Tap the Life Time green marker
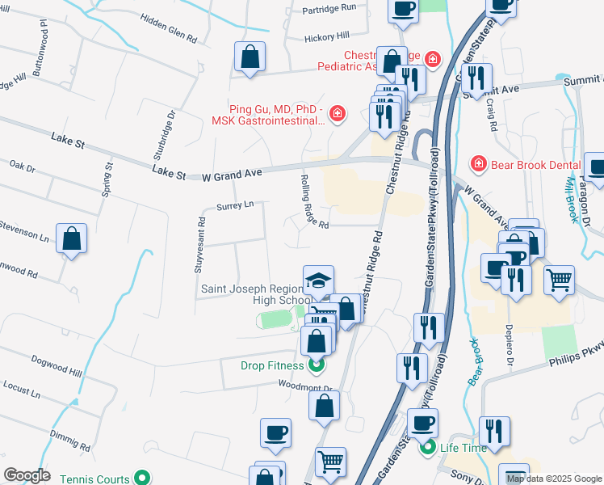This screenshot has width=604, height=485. click(427, 447)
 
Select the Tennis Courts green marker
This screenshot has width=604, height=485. click(142, 479)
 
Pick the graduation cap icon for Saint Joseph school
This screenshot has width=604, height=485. click(318, 281)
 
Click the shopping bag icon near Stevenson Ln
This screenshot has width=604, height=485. click(71, 238)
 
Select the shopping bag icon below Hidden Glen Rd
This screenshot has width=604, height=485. click(250, 57)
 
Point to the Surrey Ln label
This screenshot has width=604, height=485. click(235, 207)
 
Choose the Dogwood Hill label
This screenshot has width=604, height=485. click(57, 365)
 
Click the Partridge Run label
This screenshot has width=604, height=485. click(329, 7)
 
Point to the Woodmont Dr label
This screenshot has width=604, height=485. click(305, 386)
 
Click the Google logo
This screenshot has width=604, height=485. click(27, 475)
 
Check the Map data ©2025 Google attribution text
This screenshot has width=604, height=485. click(555, 479)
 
